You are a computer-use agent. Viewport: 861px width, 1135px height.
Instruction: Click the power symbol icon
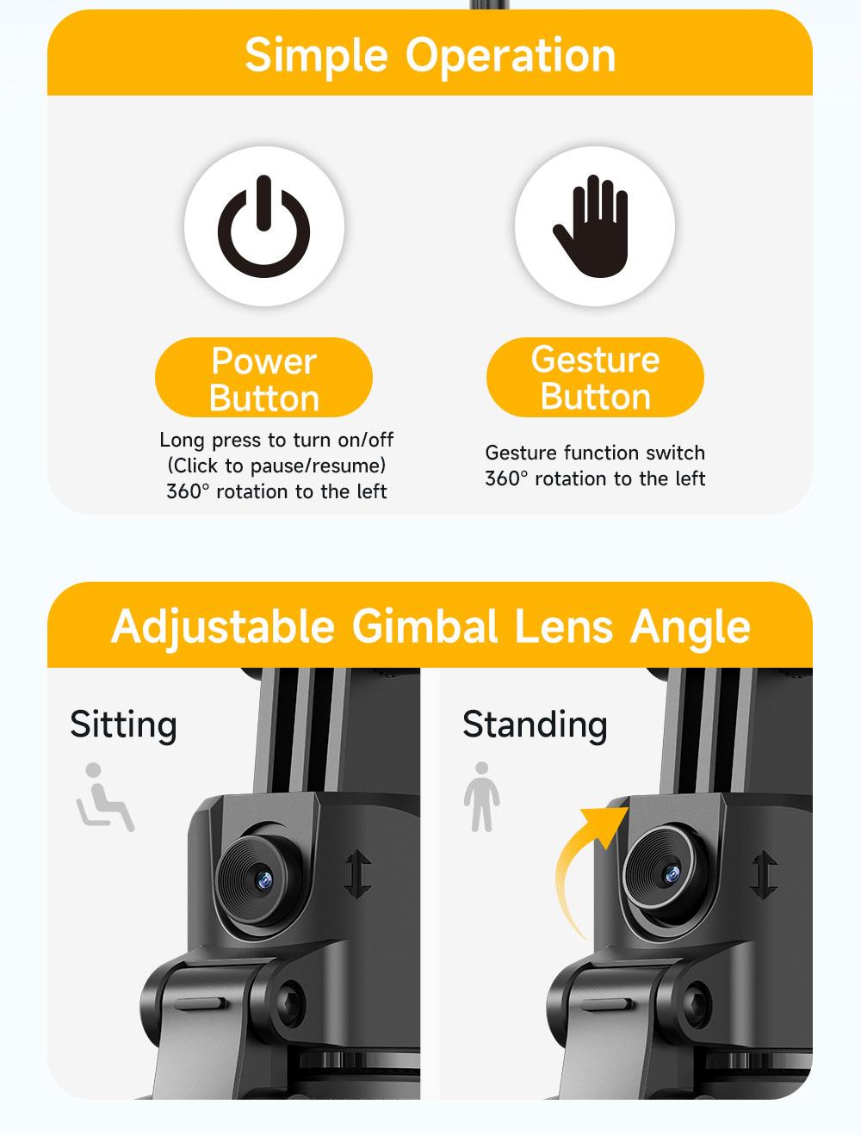coord(263,226)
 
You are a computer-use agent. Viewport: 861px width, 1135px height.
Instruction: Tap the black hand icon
coord(593,225)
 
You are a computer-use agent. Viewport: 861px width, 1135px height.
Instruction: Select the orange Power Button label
coord(263,379)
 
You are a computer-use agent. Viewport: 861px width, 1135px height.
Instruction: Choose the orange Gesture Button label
coord(595,378)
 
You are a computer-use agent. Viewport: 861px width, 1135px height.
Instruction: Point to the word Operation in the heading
coord(511,56)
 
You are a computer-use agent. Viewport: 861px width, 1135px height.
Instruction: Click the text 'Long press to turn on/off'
coord(276,440)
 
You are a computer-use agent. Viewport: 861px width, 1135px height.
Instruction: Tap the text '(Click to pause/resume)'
coord(276,466)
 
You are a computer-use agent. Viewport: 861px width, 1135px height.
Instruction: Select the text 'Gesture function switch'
coord(595,453)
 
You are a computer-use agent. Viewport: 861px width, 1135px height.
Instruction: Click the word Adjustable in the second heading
coord(223,626)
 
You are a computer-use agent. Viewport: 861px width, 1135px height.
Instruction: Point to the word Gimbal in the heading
coord(424,626)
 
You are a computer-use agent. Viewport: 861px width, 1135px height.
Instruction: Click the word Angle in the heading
coord(690,626)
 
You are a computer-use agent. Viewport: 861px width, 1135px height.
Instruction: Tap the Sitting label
coord(123,725)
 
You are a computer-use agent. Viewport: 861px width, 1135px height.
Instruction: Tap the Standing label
coord(535,725)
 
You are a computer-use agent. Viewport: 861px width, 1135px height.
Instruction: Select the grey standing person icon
coord(481,797)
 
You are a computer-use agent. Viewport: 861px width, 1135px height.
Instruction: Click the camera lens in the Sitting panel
coord(257,877)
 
